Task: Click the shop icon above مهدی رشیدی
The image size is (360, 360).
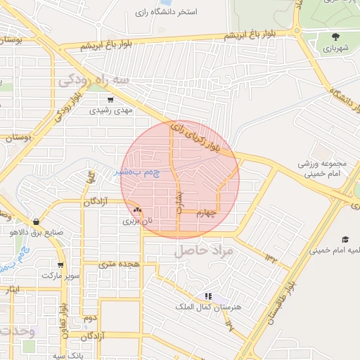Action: coord(110,99)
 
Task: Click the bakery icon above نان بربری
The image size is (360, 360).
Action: coord(137,210)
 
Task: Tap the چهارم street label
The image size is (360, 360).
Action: coord(209,213)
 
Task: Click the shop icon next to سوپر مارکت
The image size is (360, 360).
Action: coord(61,265)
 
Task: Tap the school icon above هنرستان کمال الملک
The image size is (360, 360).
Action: coord(207,297)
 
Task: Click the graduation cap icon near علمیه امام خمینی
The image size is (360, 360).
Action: coord(345,239)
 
